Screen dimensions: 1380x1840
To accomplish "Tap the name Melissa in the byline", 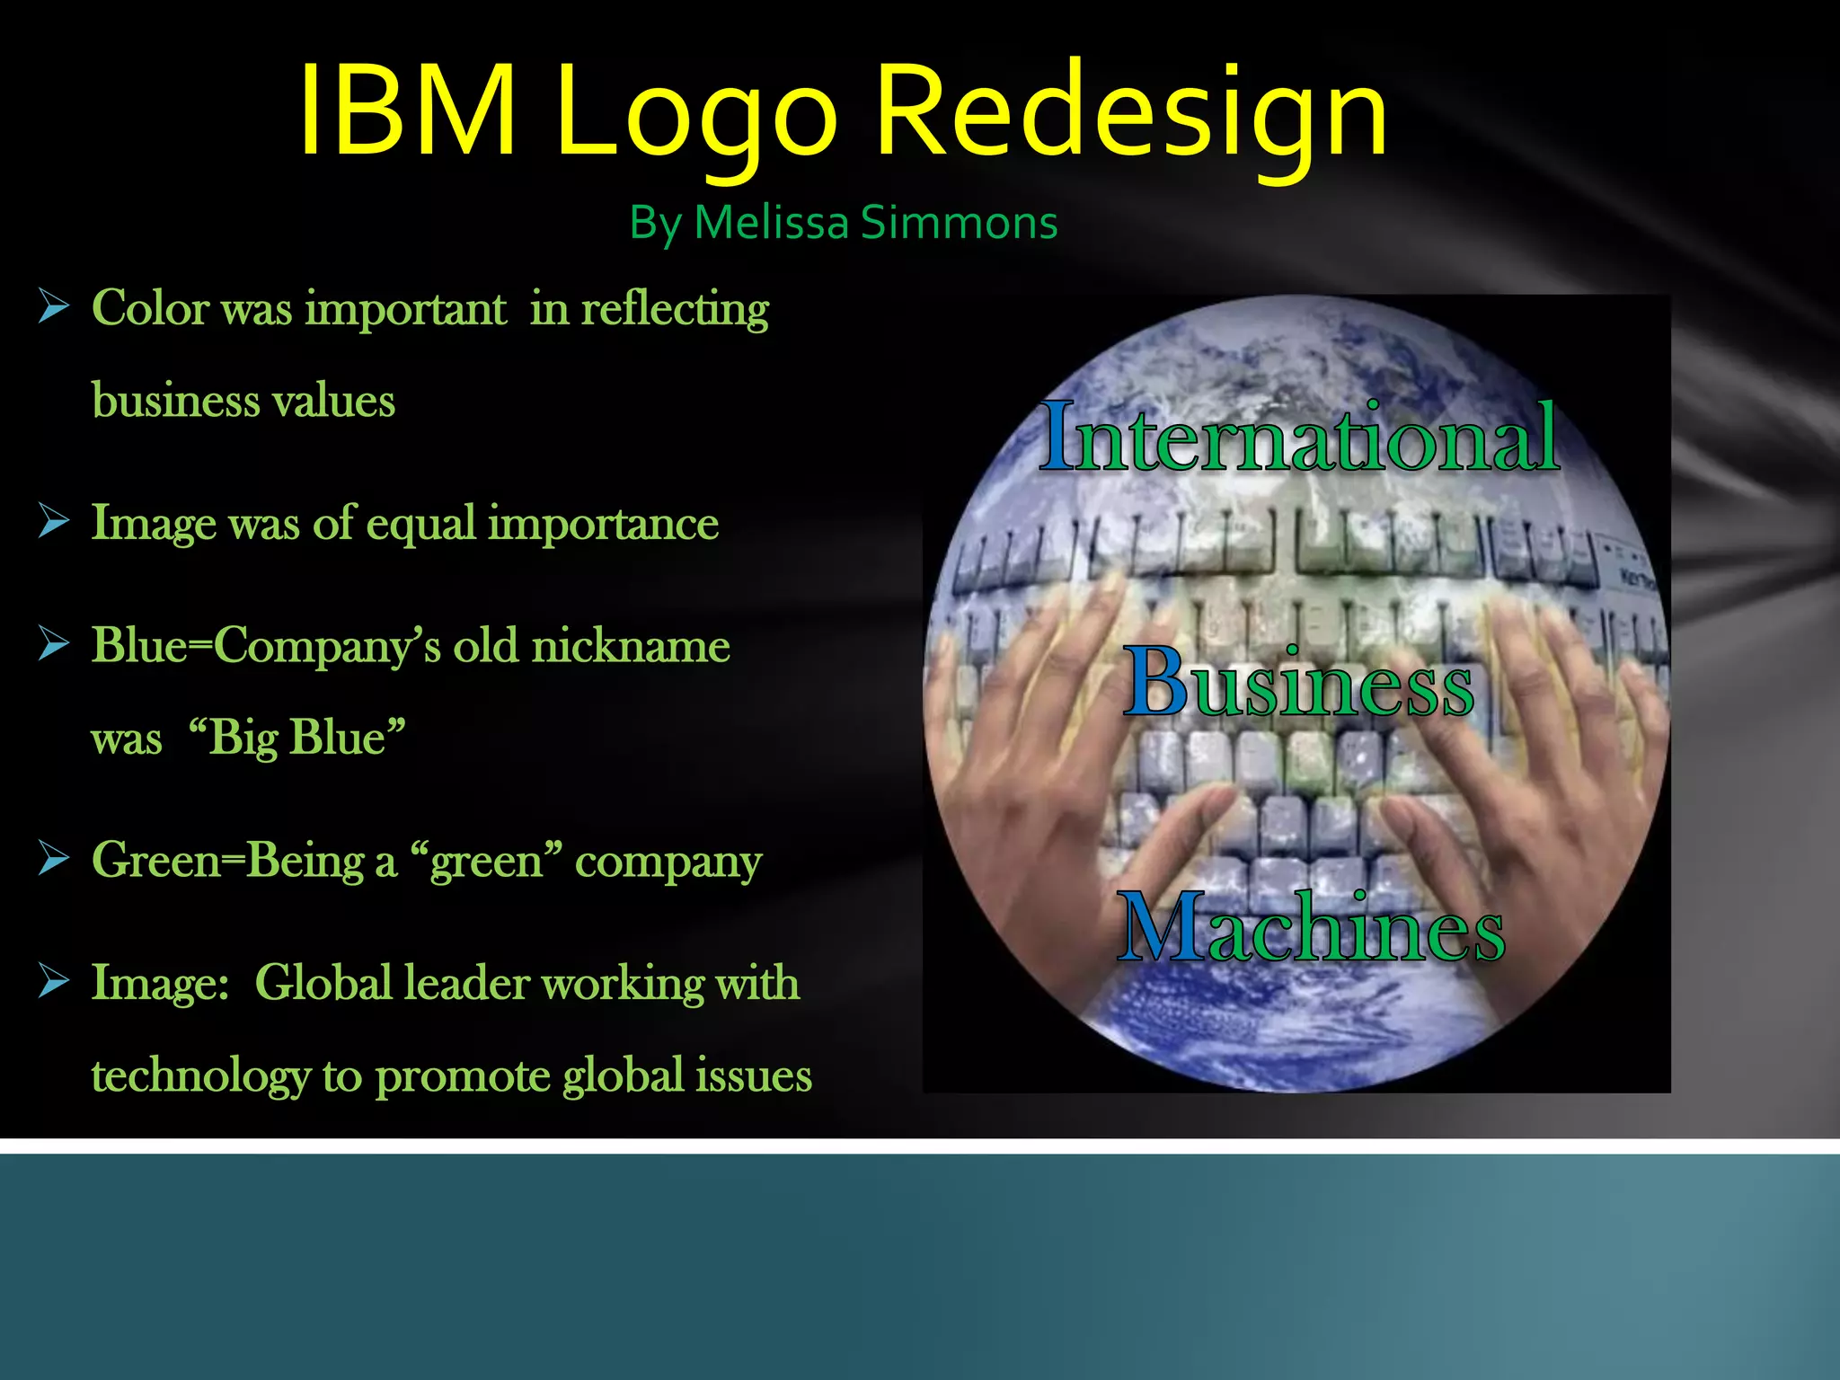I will tap(771, 222).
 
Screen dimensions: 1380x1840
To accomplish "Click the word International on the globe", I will tap(1299, 438).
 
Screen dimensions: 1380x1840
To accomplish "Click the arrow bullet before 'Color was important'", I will tap(54, 307).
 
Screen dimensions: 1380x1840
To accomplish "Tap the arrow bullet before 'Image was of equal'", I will tap(54, 521).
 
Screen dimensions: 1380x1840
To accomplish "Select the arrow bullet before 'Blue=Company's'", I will tap(54, 644).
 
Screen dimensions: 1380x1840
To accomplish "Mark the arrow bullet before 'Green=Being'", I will tap(54, 859).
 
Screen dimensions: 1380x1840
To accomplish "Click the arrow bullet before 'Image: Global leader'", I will tap(54, 982).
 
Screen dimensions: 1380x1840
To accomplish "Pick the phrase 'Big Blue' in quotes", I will tap(296, 738).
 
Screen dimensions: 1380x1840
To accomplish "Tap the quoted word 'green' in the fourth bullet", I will tap(486, 861).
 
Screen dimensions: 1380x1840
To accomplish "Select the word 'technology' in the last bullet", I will tap(200, 1075).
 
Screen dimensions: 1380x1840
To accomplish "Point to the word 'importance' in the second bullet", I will tap(603, 523).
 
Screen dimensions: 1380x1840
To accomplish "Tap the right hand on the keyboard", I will tap(1545, 764).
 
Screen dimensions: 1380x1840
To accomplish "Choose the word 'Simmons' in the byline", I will tap(959, 222).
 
